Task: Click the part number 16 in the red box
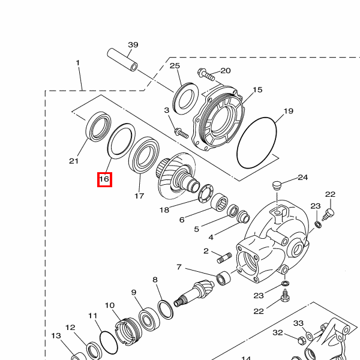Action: [x=104, y=179]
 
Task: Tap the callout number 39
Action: [x=133, y=44]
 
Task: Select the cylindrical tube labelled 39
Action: [x=122, y=59]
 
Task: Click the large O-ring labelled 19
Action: [x=256, y=143]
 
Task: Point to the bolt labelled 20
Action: [x=206, y=74]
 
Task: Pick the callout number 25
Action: [x=175, y=66]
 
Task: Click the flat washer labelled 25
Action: [x=185, y=98]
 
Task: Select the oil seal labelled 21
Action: [x=98, y=127]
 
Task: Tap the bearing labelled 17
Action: [x=144, y=155]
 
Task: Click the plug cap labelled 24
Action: [x=277, y=186]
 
